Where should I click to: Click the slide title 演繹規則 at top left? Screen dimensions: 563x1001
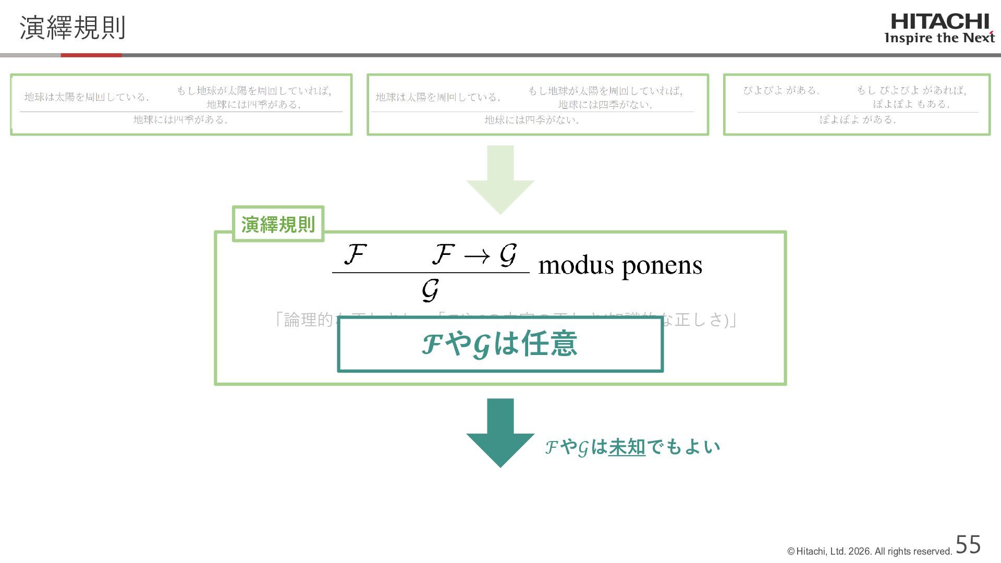coord(72,28)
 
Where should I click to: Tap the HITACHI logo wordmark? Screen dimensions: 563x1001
coord(939,22)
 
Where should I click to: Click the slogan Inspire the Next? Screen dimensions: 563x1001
coord(939,38)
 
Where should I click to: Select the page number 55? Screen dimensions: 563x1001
coord(968,545)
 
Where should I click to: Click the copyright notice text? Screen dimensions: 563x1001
coord(870,552)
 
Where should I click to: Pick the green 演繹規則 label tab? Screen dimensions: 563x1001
coord(278,224)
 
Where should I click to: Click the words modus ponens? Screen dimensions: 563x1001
coord(620,265)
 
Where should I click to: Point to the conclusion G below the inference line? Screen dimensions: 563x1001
coord(430,290)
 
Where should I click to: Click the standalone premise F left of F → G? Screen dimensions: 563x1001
coord(355,254)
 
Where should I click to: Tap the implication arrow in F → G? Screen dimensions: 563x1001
coord(477,256)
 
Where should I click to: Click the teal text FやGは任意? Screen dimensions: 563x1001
coord(499,344)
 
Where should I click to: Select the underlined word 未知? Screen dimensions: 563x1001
coord(627,447)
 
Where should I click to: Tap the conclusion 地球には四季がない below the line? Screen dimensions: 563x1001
coord(531,120)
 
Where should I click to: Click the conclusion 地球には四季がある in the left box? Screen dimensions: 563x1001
coord(180,120)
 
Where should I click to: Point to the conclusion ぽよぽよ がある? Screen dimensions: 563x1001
coord(858,120)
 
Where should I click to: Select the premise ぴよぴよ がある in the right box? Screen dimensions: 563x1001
coord(781,90)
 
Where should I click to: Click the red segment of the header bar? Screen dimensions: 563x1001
coord(91,55)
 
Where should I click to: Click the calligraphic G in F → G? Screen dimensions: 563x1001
coord(508,254)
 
